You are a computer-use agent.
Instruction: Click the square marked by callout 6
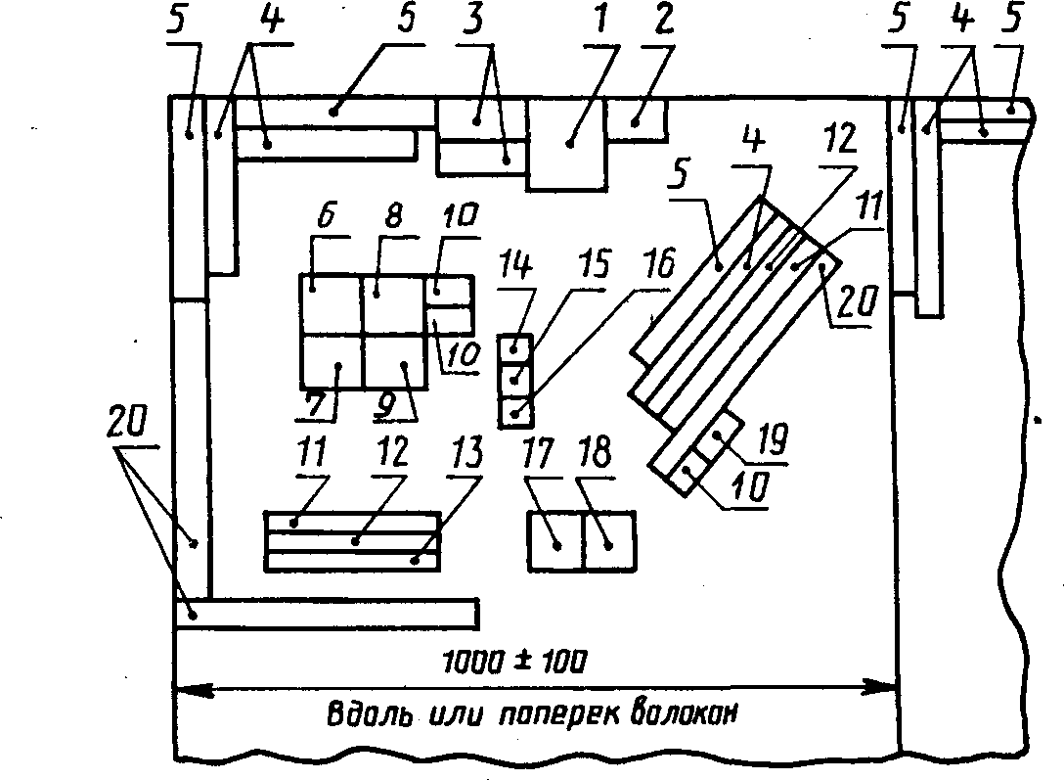click(331, 304)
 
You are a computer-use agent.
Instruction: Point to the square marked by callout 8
click(394, 304)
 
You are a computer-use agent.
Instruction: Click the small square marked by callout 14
click(515, 348)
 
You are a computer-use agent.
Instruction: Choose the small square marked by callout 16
click(515, 412)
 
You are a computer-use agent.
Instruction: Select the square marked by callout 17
click(555, 541)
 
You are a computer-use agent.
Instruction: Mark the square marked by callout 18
click(608, 541)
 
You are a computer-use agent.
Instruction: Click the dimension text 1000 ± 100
click(514, 662)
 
